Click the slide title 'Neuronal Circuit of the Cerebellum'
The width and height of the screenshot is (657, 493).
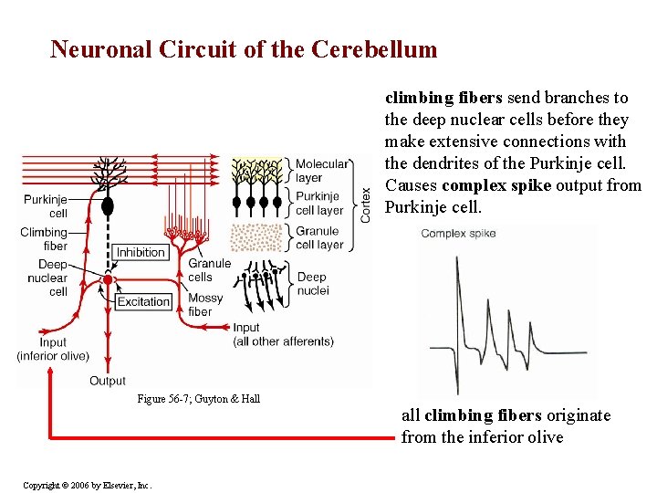[x=244, y=49]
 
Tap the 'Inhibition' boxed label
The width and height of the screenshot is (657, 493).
[x=141, y=252]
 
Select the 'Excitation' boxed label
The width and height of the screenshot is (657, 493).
[x=143, y=301]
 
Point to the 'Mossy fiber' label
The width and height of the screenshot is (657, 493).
[x=205, y=305]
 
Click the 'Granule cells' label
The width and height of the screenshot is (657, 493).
[x=209, y=270]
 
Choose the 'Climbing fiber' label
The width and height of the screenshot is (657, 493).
[x=44, y=239]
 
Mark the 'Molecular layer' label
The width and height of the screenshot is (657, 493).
[x=321, y=171]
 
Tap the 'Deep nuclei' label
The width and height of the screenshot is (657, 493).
[x=312, y=283]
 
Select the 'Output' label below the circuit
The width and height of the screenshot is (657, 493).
[x=108, y=381]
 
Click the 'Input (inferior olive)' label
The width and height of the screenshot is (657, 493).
[x=53, y=349]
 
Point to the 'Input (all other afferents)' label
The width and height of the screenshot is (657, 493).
[x=283, y=334]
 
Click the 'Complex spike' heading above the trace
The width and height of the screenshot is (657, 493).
[x=458, y=234]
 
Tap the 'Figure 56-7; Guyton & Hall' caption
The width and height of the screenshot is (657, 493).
[x=198, y=398]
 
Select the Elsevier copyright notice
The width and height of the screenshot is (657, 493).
[x=88, y=484]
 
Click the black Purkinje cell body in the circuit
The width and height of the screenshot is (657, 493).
[x=108, y=205]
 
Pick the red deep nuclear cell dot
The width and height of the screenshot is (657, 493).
[x=108, y=279]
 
